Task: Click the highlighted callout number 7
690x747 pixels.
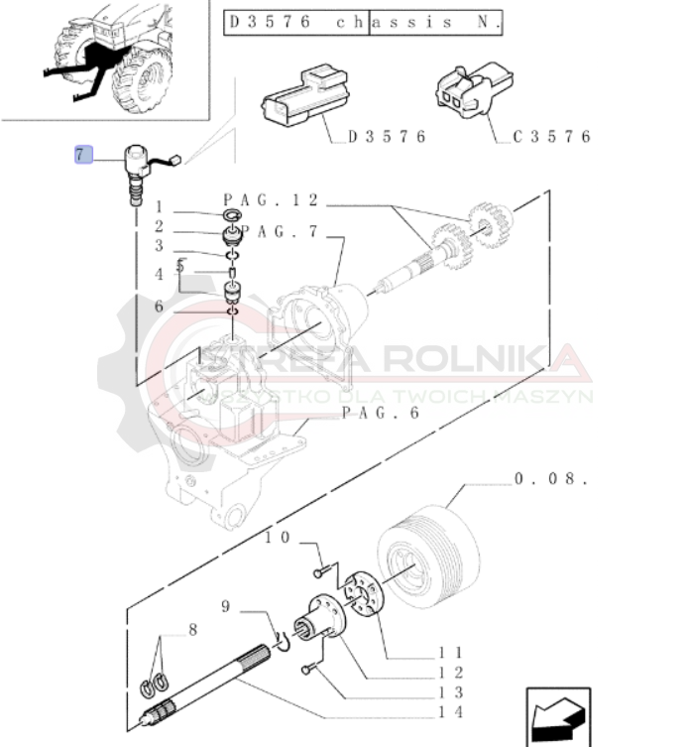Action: click(x=83, y=155)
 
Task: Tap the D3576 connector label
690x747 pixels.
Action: click(x=387, y=137)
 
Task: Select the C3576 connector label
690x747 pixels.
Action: click(x=551, y=137)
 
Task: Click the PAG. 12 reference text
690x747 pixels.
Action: click(x=271, y=200)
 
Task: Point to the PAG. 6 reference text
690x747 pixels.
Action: click(x=381, y=413)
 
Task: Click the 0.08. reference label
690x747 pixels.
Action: click(x=551, y=478)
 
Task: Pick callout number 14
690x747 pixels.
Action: click(x=450, y=712)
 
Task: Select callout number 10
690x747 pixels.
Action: click(x=278, y=538)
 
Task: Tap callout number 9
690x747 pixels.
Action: click(x=226, y=606)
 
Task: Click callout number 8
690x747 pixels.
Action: click(x=193, y=630)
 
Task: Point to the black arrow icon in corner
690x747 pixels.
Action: click(x=558, y=717)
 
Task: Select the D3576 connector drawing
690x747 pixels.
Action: click(x=305, y=96)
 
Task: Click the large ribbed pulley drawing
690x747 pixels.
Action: click(x=428, y=557)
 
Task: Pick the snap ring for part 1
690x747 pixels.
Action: click(x=232, y=215)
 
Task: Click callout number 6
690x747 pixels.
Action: click(x=159, y=307)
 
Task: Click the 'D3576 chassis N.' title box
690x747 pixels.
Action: click(x=363, y=23)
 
